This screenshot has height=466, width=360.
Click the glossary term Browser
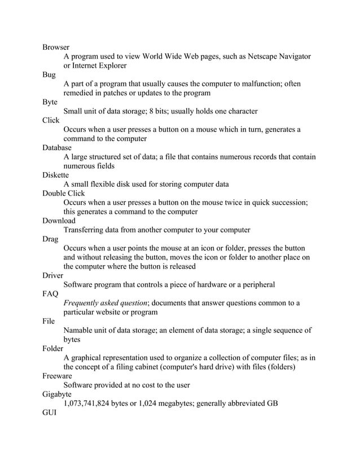[x=56, y=47]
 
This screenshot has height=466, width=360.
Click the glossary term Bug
[x=49, y=74]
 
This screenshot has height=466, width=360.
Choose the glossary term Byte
[x=50, y=102]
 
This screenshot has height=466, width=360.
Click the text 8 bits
[x=161, y=111]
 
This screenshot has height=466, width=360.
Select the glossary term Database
[x=57, y=148]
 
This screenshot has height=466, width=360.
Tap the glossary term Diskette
[x=55, y=175]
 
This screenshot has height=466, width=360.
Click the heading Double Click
[x=64, y=194]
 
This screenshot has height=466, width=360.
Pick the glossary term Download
[x=59, y=221]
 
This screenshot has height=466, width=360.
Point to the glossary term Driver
[x=53, y=275]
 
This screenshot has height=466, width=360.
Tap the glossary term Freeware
[x=57, y=376]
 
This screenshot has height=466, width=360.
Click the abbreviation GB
[x=271, y=403]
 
